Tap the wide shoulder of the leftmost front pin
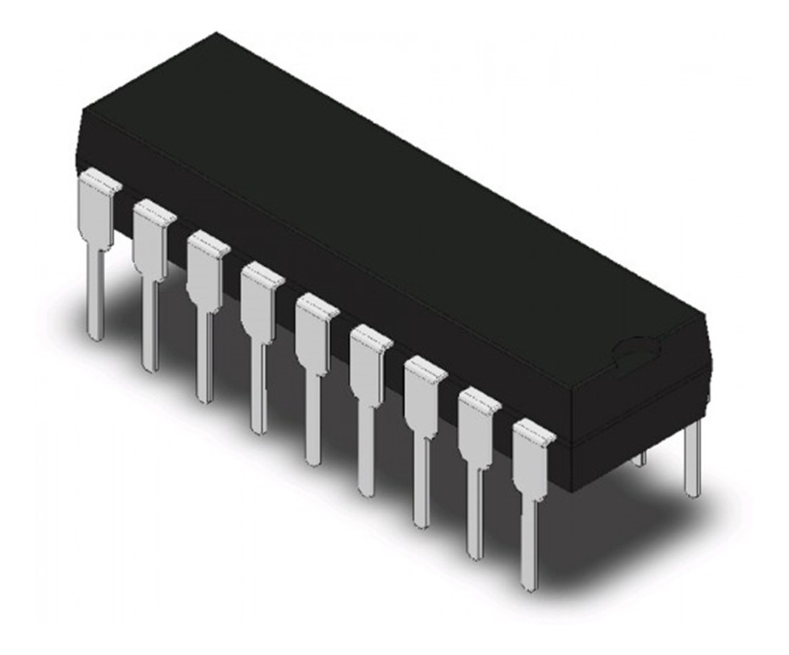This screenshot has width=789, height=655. (x=96, y=210)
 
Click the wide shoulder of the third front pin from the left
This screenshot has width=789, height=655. (x=205, y=271)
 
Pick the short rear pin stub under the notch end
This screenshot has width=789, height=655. (x=642, y=459)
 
